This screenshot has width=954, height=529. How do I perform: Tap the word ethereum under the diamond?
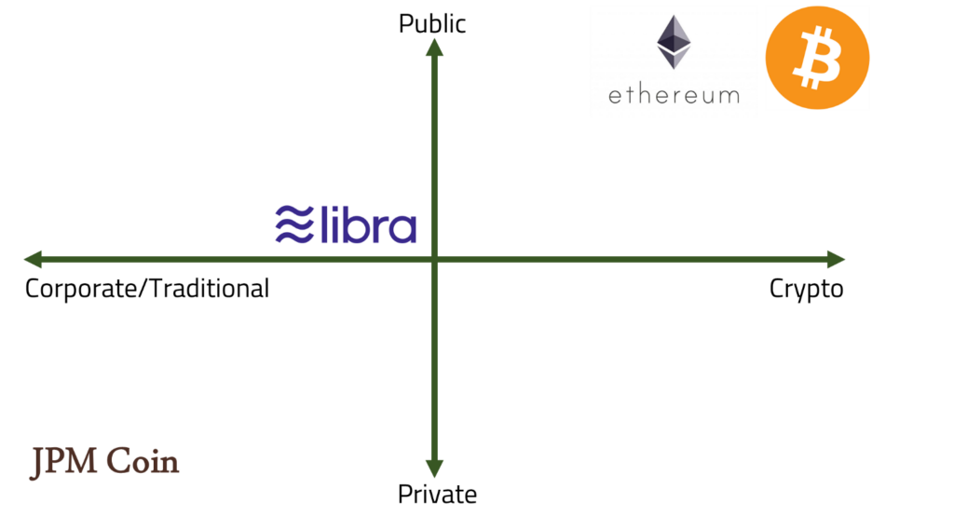click(674, 94)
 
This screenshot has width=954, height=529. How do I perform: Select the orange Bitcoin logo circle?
click(817, 58)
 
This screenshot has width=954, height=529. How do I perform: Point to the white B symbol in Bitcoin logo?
click(818, 59)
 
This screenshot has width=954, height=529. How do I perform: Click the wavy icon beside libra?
click(293, 225)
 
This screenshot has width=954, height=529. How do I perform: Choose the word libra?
click(368, 225)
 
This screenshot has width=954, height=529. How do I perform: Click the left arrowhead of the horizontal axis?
click(32, 260)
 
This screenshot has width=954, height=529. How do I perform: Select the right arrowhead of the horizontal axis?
click(836, 260)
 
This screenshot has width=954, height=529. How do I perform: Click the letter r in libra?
click(379, 230)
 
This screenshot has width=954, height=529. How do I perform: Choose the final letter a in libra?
click(402, 230)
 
